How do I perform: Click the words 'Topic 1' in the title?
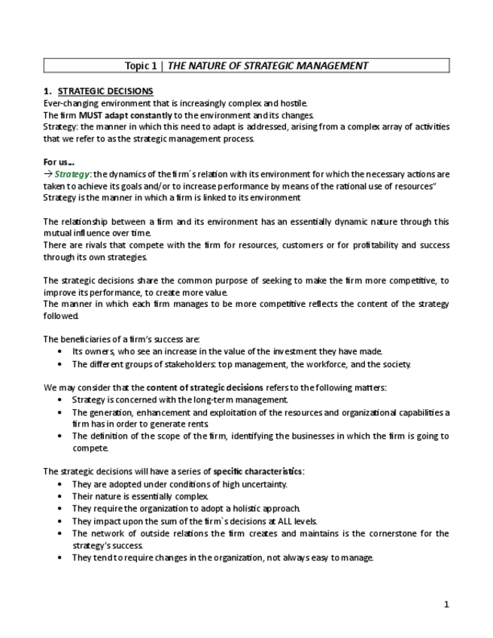140,65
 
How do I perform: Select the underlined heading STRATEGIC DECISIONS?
105,91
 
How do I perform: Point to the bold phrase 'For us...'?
59,162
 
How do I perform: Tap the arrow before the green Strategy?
47,175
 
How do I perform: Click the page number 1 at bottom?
446,604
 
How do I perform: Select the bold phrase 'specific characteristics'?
257,471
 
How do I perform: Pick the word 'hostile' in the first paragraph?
293,103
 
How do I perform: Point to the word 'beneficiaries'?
90,339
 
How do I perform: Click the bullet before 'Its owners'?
60,351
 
